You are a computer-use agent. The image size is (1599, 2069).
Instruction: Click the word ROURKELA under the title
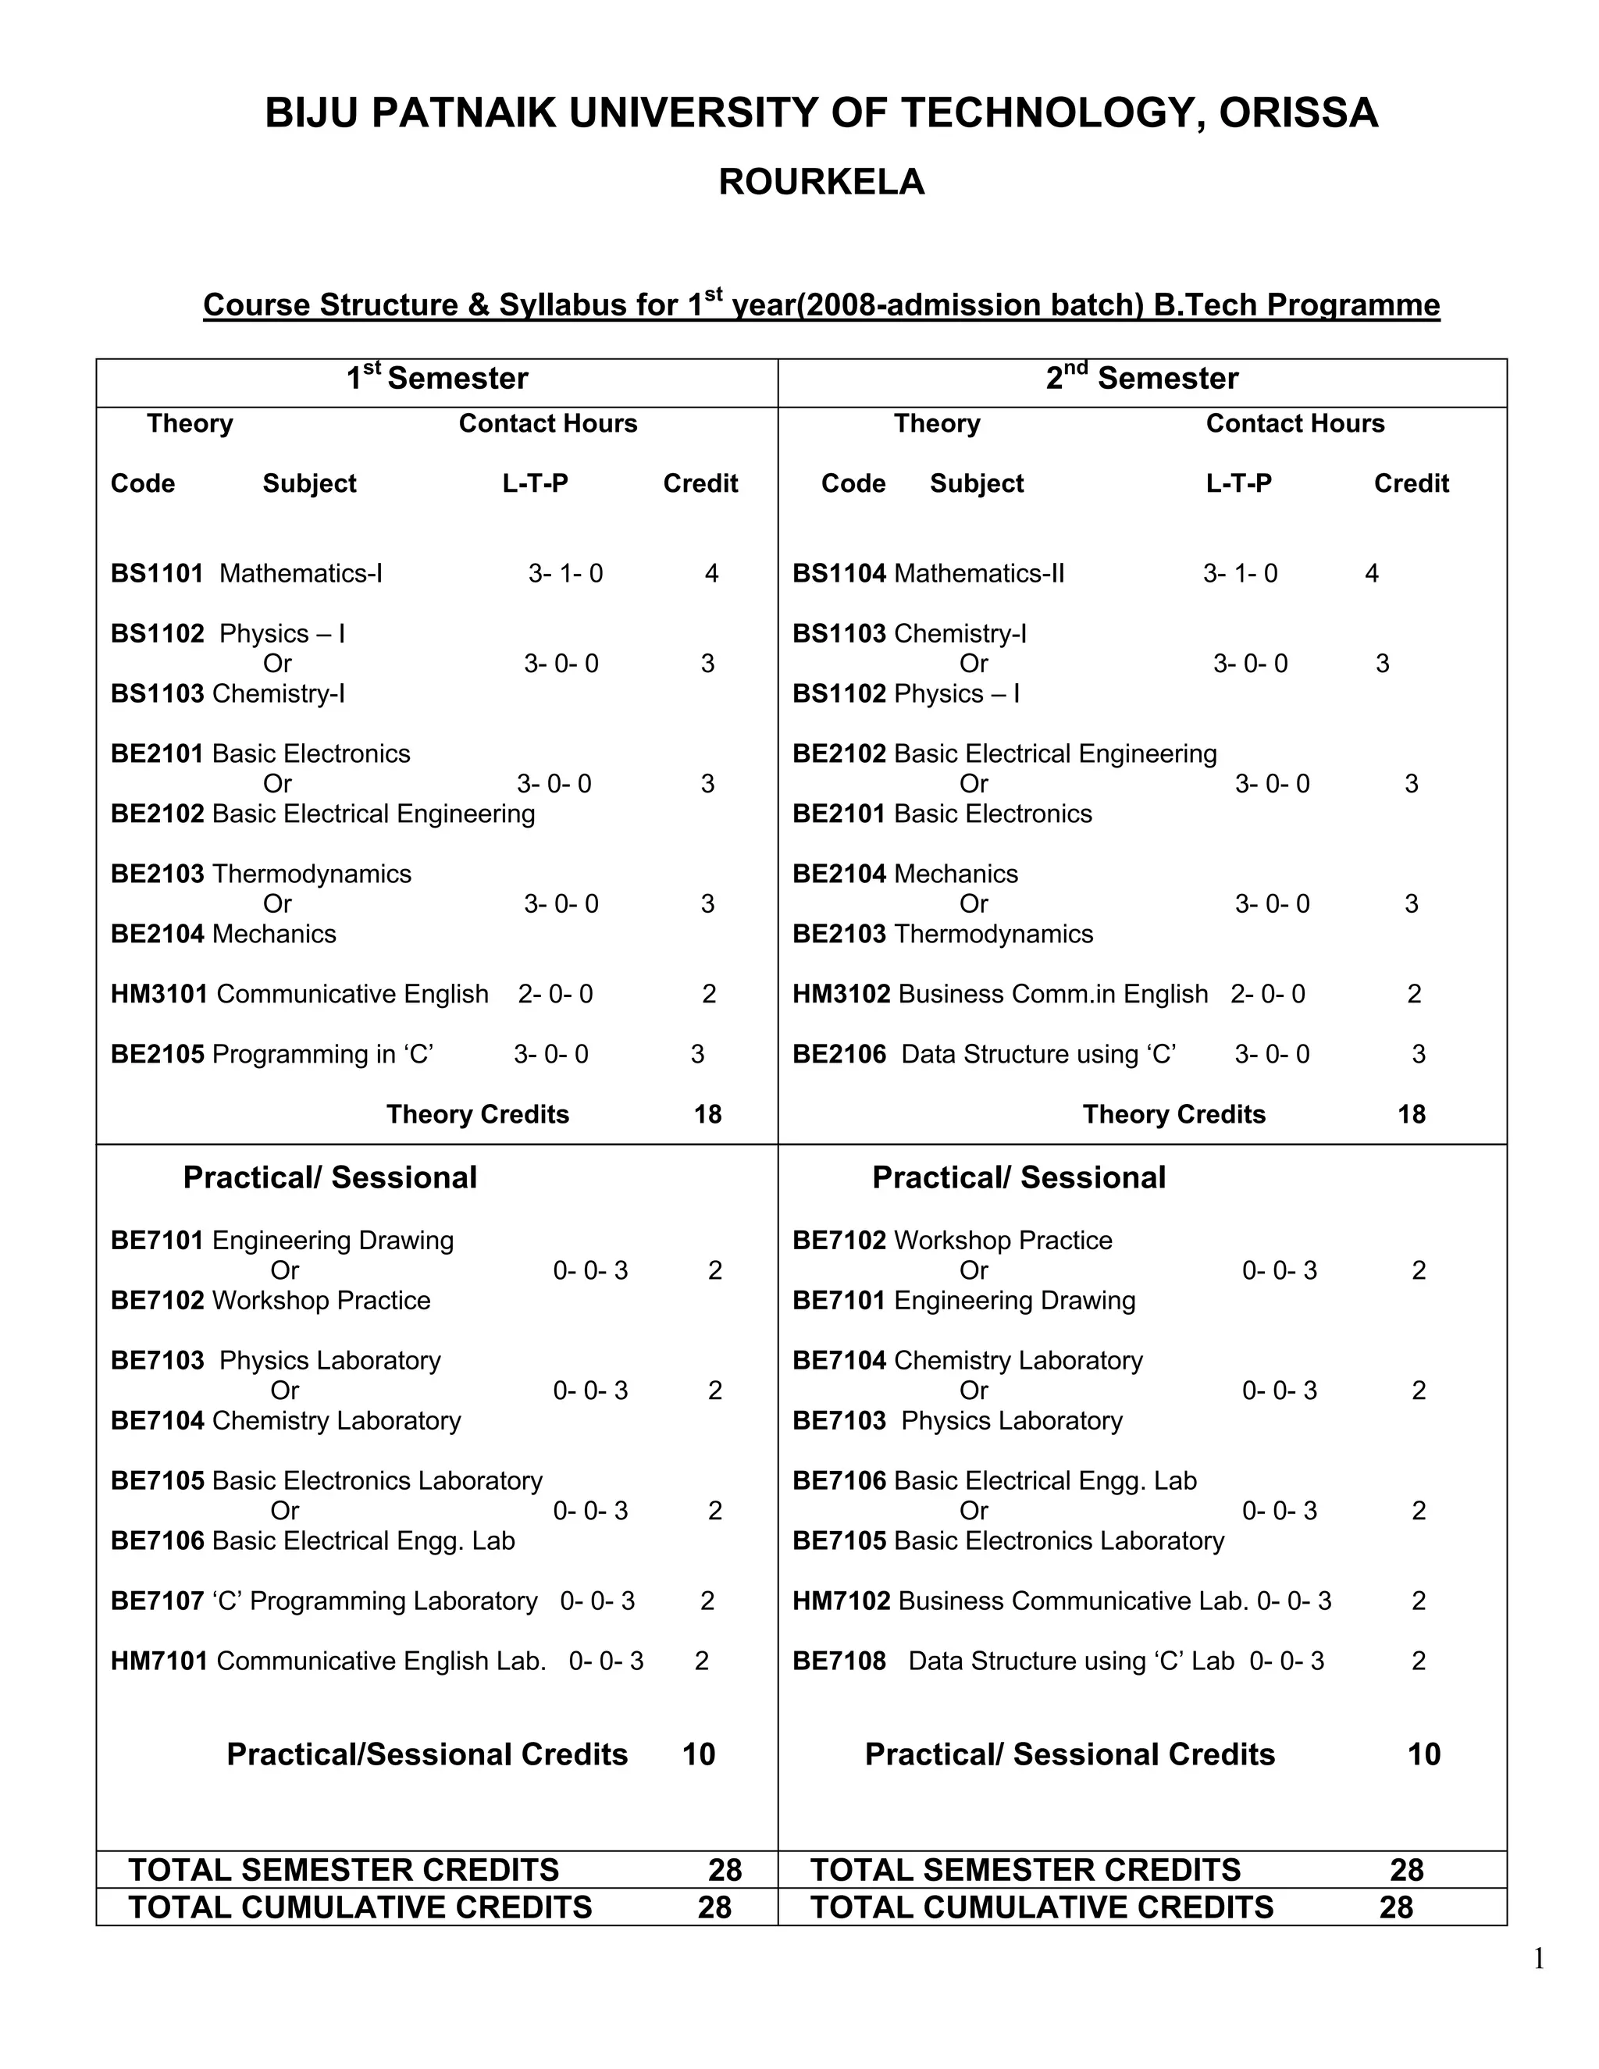(x=821, y=182)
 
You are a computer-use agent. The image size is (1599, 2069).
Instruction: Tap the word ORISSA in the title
(x=1298, y=114)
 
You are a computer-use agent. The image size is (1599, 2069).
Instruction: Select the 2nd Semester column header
(x=1141, y=378)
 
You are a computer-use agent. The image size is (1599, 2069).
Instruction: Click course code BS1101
(x=157, y=573)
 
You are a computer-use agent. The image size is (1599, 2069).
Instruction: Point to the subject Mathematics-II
(x=978, y=573)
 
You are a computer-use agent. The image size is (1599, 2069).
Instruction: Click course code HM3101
(x=159, y=994)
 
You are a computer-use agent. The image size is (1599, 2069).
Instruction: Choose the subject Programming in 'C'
(x=322, y=1054)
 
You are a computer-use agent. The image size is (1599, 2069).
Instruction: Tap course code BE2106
(x=839, y=1054)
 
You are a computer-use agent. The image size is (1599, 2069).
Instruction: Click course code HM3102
(x=841, y=994)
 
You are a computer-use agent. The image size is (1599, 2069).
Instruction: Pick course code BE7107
(x=157, y=1601)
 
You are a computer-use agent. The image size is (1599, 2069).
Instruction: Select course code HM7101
(x=159, y=1661)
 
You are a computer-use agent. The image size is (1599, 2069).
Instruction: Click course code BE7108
(x=839, y=1661)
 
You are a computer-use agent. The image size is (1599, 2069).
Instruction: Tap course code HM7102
(x=841, y=1601)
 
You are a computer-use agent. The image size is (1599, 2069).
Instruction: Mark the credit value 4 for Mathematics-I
(x=711, y=573)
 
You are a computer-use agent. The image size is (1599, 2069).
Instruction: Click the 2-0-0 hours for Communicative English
(x=555, y=994)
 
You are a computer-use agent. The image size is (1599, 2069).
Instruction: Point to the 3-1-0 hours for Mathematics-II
(x=1240, y=573)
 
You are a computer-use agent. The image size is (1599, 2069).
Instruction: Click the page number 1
(x=1538, y=1958)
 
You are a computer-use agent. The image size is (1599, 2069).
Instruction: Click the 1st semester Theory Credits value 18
(x=707, y=1114)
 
